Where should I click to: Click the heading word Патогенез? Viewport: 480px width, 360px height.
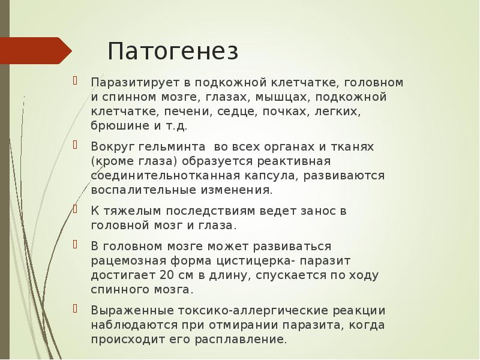[x=173, y=51]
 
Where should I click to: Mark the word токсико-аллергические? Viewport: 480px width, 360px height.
[x=242, y=311]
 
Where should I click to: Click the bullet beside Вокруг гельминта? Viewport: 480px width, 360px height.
[x=76, y=146]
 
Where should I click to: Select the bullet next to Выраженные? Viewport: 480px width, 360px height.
[x=76, y=310]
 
